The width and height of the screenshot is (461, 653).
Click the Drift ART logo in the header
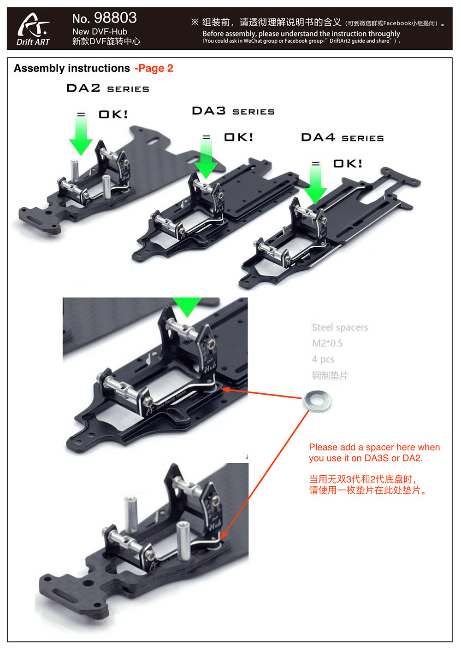pyautogui.click(x=33, y=29)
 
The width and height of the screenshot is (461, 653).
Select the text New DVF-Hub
pyautogui.click(x=100, y=32)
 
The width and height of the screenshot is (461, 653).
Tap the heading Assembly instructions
pyautogui.click(x=72, y=68)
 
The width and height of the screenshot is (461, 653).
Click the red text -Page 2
pyautogui.click(x=154, y=69)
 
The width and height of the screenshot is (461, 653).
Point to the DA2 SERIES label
pyautogui.click(x=108, y=88)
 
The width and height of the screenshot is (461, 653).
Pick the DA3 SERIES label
pyautogui.click(x=233, y=111)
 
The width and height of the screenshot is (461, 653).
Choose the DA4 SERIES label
pyautogui.click(x=343, y=137)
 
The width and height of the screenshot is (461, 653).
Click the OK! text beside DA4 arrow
pyautogui.click(x=348, y=163)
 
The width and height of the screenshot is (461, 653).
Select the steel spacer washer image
pyautogui.click(x=317, y=400)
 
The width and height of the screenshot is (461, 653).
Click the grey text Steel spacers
pyautogui.click(x=340, y=327)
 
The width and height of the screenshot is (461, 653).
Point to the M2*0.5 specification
pyautogui.click(x=327, y=343)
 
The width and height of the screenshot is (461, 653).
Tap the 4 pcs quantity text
pyautogui.click(x=323, y=359)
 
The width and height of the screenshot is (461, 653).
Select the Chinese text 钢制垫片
pyautogui.click(x=330, y=375)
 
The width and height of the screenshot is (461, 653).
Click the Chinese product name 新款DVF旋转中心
pyautogui.click(x=106, y=41)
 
